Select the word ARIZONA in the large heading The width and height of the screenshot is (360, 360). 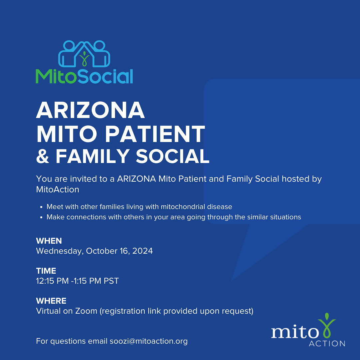point(90,110)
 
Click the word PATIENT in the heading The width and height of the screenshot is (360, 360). point(155,134)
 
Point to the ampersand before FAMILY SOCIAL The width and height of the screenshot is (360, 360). point(43,156)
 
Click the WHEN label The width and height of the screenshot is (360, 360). point(49,241)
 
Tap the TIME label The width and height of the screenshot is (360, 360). point(46,271)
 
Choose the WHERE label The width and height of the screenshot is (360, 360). point(51,301)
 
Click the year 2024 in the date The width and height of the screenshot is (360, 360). point(142,251)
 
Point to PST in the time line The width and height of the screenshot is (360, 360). point(111,281)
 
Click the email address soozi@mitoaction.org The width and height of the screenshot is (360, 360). point(149,341)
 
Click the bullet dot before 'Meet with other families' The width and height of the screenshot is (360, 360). point(41,207)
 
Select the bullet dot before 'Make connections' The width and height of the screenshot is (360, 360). point(41,217)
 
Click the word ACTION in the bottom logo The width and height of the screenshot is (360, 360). point(327,343)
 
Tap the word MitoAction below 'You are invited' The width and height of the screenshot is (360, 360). point(58,190)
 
